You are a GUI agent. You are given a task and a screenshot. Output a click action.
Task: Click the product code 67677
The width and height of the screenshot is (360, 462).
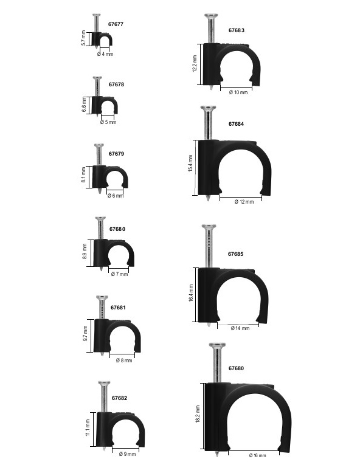(116, 24)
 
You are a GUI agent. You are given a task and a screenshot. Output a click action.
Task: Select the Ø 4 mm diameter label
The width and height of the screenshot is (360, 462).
(105, 54)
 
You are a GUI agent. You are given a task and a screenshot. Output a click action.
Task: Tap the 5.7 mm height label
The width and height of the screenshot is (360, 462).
(83, 38)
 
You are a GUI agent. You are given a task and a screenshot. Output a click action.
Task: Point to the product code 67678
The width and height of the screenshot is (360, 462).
(116, 84)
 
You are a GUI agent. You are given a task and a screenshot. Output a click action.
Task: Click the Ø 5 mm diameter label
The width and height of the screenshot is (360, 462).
(108, 122)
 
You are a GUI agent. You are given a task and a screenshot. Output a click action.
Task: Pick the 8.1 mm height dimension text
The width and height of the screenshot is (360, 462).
(84, 174)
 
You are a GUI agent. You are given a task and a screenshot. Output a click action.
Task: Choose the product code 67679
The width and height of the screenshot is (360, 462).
(116, 154)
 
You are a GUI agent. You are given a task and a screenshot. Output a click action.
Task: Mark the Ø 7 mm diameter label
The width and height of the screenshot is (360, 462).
(120, 274)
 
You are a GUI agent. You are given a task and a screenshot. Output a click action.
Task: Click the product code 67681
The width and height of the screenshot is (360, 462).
(118, 308)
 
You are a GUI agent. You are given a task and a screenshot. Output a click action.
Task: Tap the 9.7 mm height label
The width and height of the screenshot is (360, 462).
(86, 334)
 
